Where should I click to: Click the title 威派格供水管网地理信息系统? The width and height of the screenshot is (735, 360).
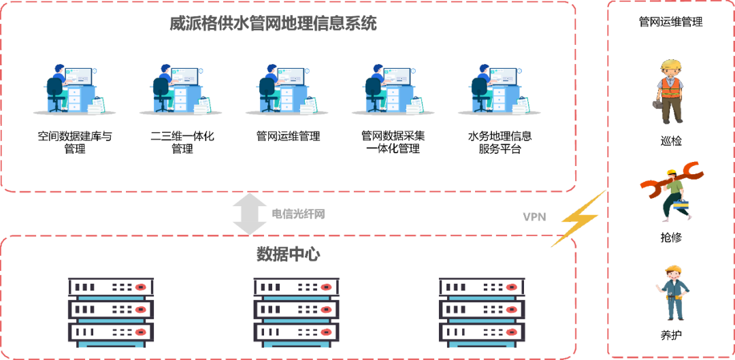[x=273, y=24]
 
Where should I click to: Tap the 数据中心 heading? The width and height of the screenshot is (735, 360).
[x=288, y=254]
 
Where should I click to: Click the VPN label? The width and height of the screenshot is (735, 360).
[x=534, y=217]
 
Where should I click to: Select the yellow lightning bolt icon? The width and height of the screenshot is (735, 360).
[x=579, y=218]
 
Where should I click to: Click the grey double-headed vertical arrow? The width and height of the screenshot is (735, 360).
[x=250, y=214]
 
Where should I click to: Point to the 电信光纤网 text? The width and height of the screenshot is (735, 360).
[x=298, y=214]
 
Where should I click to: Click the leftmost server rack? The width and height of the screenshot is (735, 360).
[x=111, y=312]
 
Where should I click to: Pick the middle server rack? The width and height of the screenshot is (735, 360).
[x=296, y=312]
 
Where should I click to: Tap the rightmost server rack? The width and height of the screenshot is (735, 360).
[x=481, y=312]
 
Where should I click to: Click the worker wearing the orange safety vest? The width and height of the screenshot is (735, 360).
[x=670, y=91]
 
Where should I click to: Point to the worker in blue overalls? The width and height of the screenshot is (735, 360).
[x=674, y=293]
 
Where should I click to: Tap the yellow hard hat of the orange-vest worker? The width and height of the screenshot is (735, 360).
[x=671, y=65]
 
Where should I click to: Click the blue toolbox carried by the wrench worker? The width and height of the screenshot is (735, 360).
[x=681, y=203]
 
